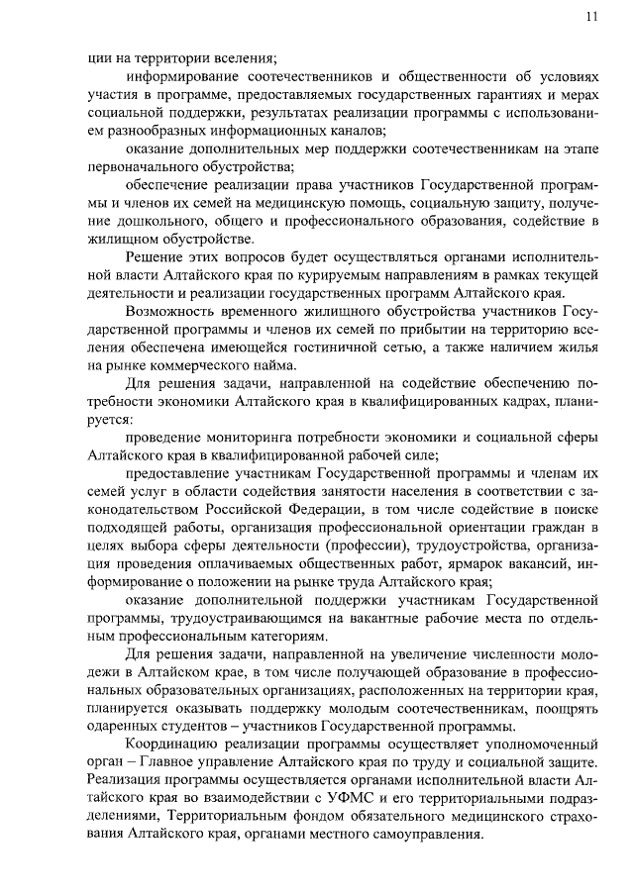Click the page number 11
click(591, 15)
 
